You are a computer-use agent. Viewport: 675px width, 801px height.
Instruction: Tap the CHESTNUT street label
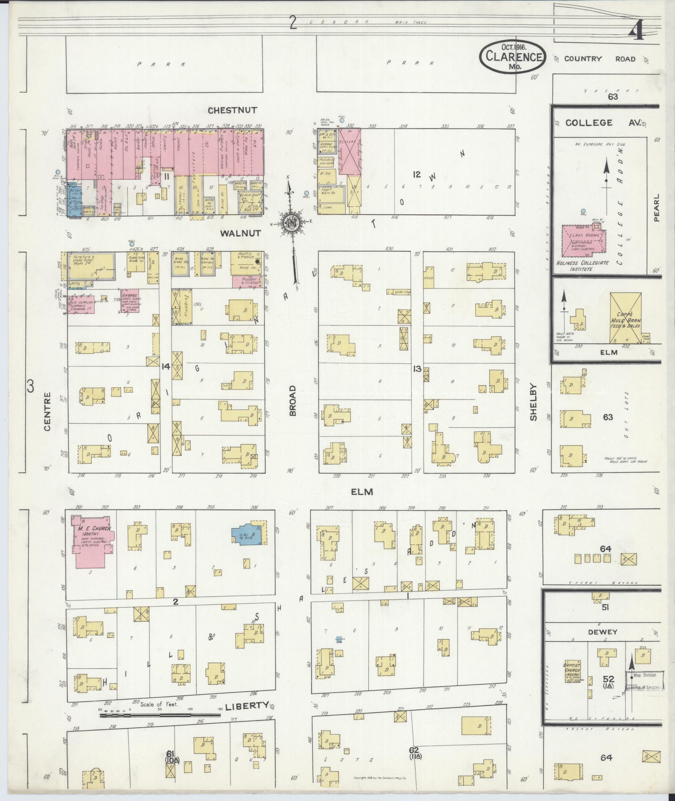point(233,111)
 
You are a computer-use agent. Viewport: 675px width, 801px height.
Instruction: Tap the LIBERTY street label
point(246,706)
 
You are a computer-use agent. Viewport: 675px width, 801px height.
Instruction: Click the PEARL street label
point(656,207)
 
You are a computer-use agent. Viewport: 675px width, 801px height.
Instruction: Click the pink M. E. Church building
point(92,541)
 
